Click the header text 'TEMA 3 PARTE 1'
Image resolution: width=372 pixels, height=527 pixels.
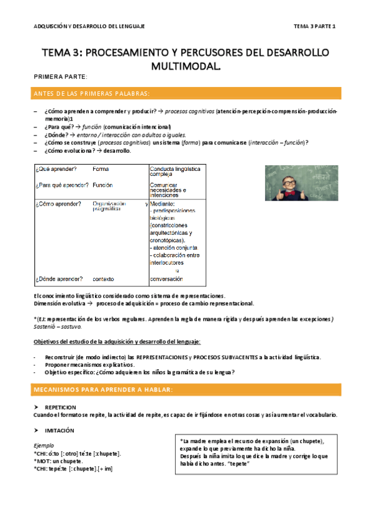click(x=314, y=26)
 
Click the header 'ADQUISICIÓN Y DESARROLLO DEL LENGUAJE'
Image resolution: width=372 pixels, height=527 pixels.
click(x=89, y=26)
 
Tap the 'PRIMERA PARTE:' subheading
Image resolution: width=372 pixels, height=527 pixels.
click(x=60, y=76)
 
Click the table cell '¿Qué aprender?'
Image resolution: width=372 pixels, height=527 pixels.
click(x=56, y=169)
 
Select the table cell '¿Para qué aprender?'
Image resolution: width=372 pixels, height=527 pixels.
click(x=61, y=185)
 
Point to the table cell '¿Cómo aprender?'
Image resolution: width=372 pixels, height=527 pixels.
click(x=58, y=204)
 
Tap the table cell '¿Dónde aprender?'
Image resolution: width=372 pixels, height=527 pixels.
click(x=60, y=279)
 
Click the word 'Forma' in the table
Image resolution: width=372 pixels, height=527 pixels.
click(x=101, y=169)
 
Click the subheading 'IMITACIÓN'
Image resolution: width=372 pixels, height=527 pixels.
click(x=60, y=430)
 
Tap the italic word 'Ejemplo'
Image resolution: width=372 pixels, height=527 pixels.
click(x=43, y=446)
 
